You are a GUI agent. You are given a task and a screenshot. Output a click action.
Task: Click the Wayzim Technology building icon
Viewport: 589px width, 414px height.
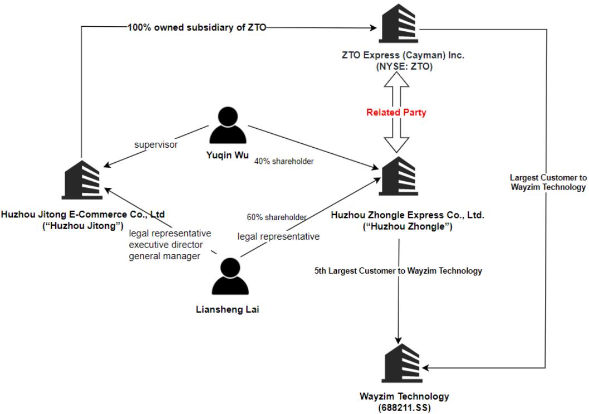(402, 364)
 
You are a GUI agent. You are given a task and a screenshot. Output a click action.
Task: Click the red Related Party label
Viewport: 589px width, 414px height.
(396, 113)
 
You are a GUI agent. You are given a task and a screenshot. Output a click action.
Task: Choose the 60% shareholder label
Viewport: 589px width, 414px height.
(277, 217)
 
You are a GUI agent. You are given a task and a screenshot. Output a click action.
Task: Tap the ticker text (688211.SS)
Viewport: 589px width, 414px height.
(404, 407)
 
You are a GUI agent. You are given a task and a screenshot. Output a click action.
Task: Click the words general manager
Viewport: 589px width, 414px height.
(164, 256)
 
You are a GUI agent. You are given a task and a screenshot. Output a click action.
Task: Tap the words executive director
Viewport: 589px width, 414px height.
(166, 245)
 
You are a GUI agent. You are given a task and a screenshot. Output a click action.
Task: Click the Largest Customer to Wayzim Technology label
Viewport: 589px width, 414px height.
(548, 182)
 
